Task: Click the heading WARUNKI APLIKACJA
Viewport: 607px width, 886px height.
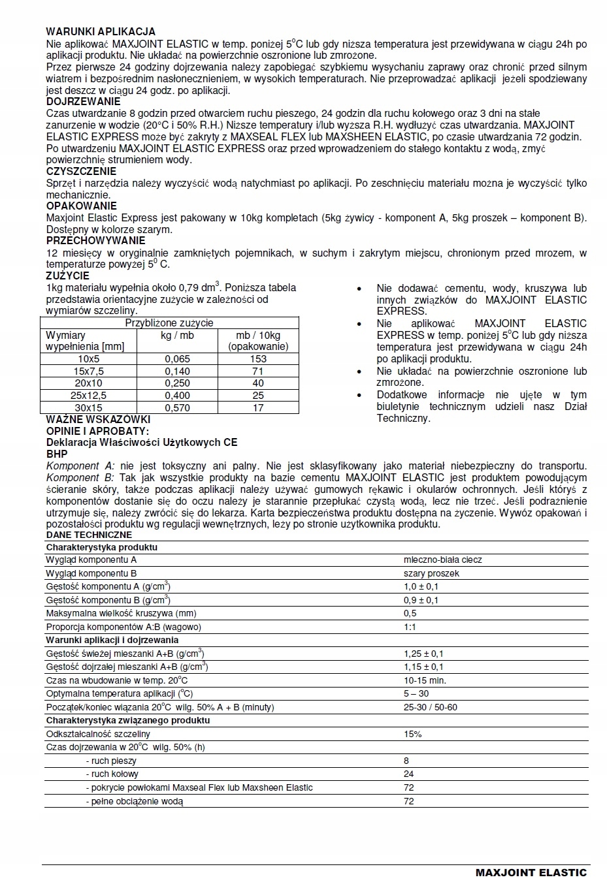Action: coord(101,31)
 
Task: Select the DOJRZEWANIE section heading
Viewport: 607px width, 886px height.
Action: coord(83,102)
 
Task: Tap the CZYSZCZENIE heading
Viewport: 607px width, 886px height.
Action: coord(81,172)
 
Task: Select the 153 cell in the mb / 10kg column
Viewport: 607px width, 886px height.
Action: coord(258,359)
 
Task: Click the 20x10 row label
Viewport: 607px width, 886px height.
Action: coord(88,383)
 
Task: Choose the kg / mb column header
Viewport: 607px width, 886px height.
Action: coord(177,335)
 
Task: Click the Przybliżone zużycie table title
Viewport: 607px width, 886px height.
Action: coord(169,323)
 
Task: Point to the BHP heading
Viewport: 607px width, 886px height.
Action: coord(57,454)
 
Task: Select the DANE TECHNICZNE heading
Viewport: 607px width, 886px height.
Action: coord(89,535)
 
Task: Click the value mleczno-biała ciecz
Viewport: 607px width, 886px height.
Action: coord(443,560)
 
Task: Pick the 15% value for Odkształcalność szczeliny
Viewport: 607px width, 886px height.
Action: coord(413,734)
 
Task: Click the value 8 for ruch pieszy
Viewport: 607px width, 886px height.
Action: coord(406,761)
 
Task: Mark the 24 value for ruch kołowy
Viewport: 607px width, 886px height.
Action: coord(409,774)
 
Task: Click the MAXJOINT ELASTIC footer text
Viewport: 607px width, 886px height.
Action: coord(531,872)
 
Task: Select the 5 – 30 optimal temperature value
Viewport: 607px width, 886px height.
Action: coord(416,693)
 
